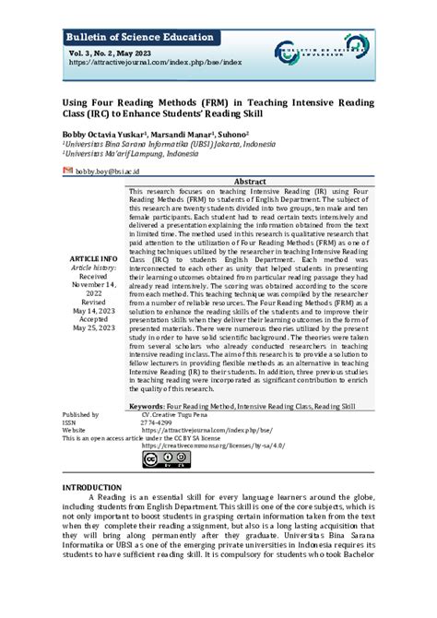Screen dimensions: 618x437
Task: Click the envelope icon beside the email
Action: coord(67,172)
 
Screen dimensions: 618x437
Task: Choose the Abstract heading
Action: coord(252,182)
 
